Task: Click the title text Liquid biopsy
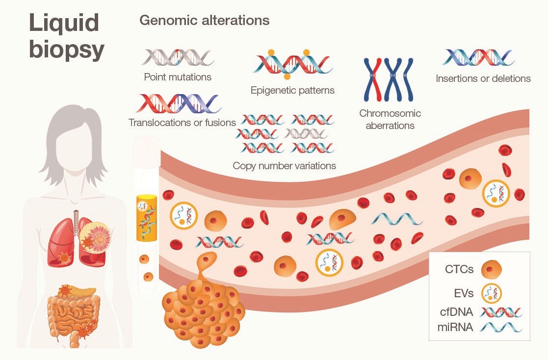pyautogui.click(x=66, y=36)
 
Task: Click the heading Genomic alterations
pyautogui.click(x=204, y=21)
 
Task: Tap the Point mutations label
pyautogui.click(x=178, y=77)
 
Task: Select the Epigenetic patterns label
pyautogui.click(x=292, y=90)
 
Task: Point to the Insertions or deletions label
pyautogui.click(x=483, y=78)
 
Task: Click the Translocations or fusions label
pyautogui.click(x=182, y=123)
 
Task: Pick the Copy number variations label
pyautogui.click(x=284, y=166)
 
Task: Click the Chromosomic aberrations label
pyautogui.click(x=390, y=119)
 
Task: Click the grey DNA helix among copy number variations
pyautogui.click(x=306, y=133)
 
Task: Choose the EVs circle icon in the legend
pyautogui.click(x=491, y=294)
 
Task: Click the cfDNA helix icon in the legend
pyautogui.click(x=501, y=312)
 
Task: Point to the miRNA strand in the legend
pyautogui.click(x=501, y=328)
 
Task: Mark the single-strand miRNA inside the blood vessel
pyautogui.click(x=396, y=219)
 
